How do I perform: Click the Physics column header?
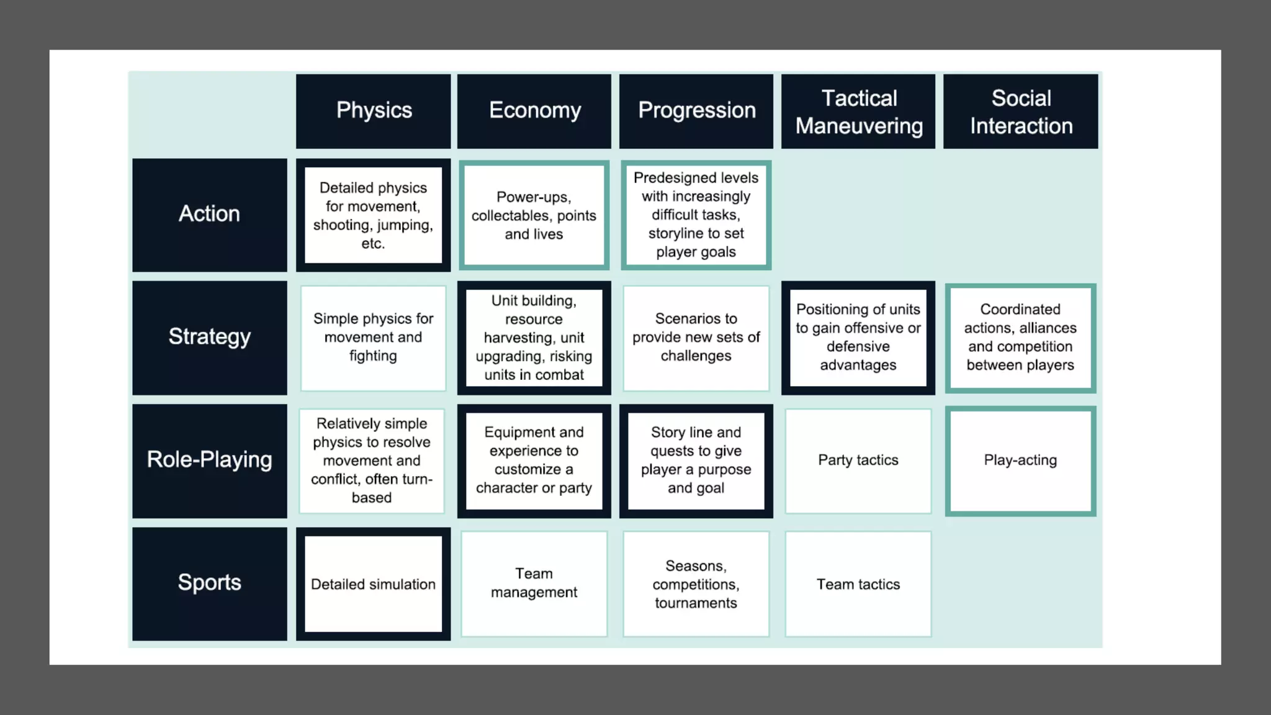(x=374, y=111)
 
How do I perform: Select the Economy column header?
(x=534, y=111)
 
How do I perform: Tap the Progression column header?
(x=696, y=111)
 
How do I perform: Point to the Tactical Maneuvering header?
(x=858, y=111)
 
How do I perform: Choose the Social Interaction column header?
(x=1021, y=111)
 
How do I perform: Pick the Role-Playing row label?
(x=210, y=461)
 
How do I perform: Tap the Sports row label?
(x=210, y=583)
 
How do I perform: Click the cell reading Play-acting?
(x=1021, y=461)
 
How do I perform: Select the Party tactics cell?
(x=858, y=461)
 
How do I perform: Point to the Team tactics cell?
(x=858, y=584)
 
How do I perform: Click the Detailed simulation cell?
(x=374, y=584)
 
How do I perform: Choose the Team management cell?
(x=534, y=583)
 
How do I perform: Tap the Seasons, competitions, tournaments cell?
(x=696, y=584)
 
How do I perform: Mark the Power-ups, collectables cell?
(x=534, y=215)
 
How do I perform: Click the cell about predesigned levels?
(x=696, y=215)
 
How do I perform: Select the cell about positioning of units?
(x=858, y=337)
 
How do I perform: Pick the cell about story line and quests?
(x=696, y=461)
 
